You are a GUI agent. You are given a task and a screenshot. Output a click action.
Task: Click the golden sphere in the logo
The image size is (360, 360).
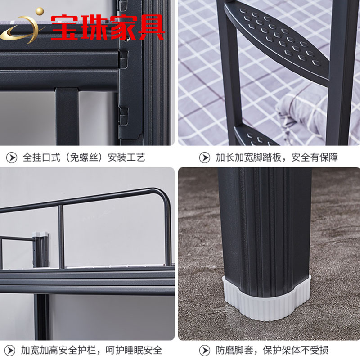(40, 12)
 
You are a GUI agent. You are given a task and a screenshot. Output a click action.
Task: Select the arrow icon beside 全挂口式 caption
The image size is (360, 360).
(12, 158)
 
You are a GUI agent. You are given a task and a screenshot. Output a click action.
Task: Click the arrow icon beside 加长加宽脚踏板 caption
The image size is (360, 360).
(204, 158)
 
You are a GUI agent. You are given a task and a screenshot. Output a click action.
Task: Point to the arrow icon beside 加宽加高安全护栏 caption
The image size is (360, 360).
(10, 351)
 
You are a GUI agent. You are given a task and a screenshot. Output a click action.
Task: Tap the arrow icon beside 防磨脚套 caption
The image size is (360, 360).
(204, 351)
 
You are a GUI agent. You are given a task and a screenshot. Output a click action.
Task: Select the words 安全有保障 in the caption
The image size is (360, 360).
(314, 157)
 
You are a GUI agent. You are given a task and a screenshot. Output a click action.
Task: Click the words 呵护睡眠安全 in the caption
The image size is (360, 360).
(134, 351)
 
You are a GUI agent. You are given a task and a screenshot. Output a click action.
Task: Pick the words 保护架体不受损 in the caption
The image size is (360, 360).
(296, 351)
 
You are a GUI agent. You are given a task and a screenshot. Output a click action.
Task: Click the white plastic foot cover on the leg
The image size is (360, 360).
(266, 300)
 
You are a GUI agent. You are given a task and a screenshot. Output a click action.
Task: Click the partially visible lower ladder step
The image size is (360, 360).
(255, 137)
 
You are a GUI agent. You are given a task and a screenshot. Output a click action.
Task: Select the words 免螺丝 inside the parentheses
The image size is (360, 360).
(86, 157)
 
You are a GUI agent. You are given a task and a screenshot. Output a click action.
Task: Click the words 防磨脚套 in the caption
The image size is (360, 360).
(234, 351)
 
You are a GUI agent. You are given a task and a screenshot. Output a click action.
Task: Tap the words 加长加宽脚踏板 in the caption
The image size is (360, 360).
(248, 157)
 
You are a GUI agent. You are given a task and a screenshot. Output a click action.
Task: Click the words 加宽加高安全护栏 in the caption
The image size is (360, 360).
(58, 351)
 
